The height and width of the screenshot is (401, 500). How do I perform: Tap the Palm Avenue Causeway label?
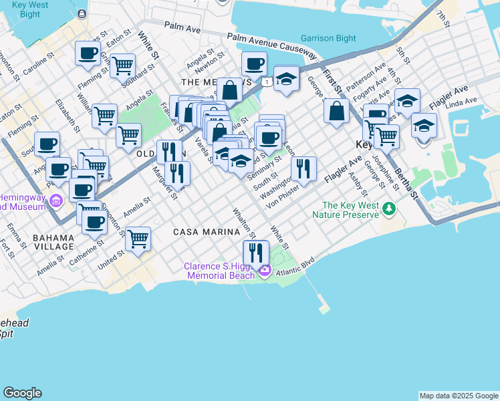click(x=271, y=45)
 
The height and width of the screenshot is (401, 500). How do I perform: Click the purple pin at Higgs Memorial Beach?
click(x=265, y=271)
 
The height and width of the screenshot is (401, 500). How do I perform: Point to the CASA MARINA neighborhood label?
click(x=207, y=232)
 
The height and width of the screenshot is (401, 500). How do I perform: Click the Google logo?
click(x=22, y=393)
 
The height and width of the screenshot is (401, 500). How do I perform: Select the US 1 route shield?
click(x=267, y=82)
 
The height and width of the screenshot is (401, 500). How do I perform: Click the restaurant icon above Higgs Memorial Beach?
click(x=255, y=253)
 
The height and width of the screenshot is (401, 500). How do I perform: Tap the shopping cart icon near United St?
click(x=138, y=238)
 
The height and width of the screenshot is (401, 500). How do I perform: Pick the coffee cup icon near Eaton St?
click(x=87, y=53)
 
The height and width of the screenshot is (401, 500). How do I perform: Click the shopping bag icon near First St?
click(x=336, y=111)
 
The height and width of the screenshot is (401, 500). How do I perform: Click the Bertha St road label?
click(x=406, y=181)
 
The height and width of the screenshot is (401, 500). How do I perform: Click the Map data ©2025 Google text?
click(x=459, y=396)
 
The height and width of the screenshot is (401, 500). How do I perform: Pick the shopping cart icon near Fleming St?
click(x=122, y=65)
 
